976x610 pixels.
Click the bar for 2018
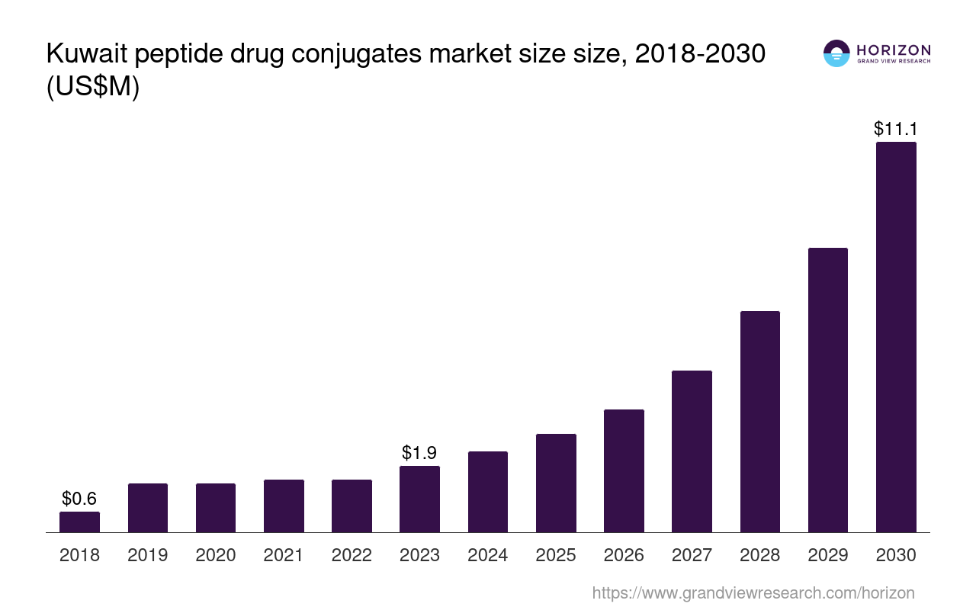(x=79, y=522)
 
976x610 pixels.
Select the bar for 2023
(x=419, y=499)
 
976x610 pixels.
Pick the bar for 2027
(x=692, y=451)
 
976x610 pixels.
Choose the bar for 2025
(x=556, y=483)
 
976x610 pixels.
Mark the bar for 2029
(x=828, y=390)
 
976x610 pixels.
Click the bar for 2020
(x=216, y=508)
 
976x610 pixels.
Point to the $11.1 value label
(x=895, y=128)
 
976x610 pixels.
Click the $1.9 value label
(x=419, y=453)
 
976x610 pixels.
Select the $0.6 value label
(x=79, y=499)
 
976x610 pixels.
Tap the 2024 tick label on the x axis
(x=488, y=555)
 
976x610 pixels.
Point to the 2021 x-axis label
(x=284, y=555)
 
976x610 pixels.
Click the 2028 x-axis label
(x=760, y=555)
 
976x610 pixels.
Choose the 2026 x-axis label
(x=624, y=555)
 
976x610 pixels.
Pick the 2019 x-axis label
(x=147, y=555)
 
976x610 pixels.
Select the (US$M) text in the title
(x=93, y=88)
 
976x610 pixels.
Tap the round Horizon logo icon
(x=836, y=53)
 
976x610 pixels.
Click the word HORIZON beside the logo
(x=894, y=50)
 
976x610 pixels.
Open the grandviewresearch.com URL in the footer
(x=753, y=592)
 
